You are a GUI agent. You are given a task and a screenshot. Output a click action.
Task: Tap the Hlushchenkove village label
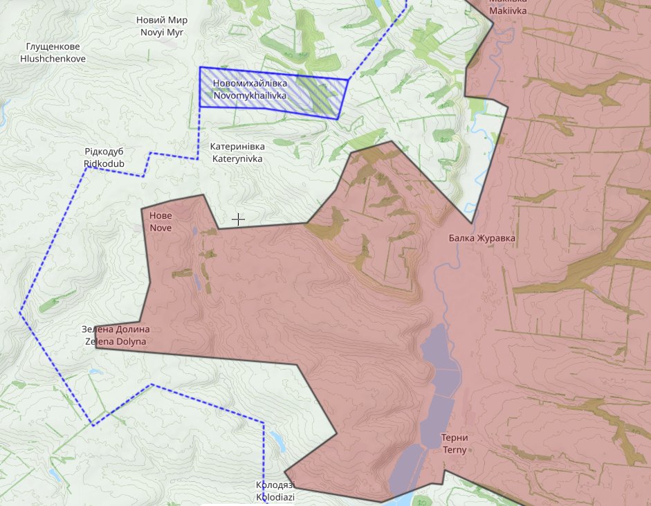(x=53, y=53)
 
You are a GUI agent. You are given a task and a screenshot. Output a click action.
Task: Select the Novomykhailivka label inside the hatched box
(x=250, y=89)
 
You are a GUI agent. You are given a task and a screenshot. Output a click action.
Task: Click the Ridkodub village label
(x=104, y=157)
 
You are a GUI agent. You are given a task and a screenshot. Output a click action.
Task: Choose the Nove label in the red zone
(x=161, y=222)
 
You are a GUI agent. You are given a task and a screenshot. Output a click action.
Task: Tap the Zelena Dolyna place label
(x=116, y=336)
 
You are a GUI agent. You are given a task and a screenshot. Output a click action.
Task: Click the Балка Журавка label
(x=482, y=239)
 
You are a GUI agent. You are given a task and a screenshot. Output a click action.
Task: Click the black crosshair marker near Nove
(x=238, y=219)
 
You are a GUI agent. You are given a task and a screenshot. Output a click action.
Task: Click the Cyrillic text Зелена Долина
(x=116, y=329)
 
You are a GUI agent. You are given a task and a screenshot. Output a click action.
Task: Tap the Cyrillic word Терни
(x=455, y=437)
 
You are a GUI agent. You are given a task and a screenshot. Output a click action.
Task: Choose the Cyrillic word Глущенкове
(x=53, y=47)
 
